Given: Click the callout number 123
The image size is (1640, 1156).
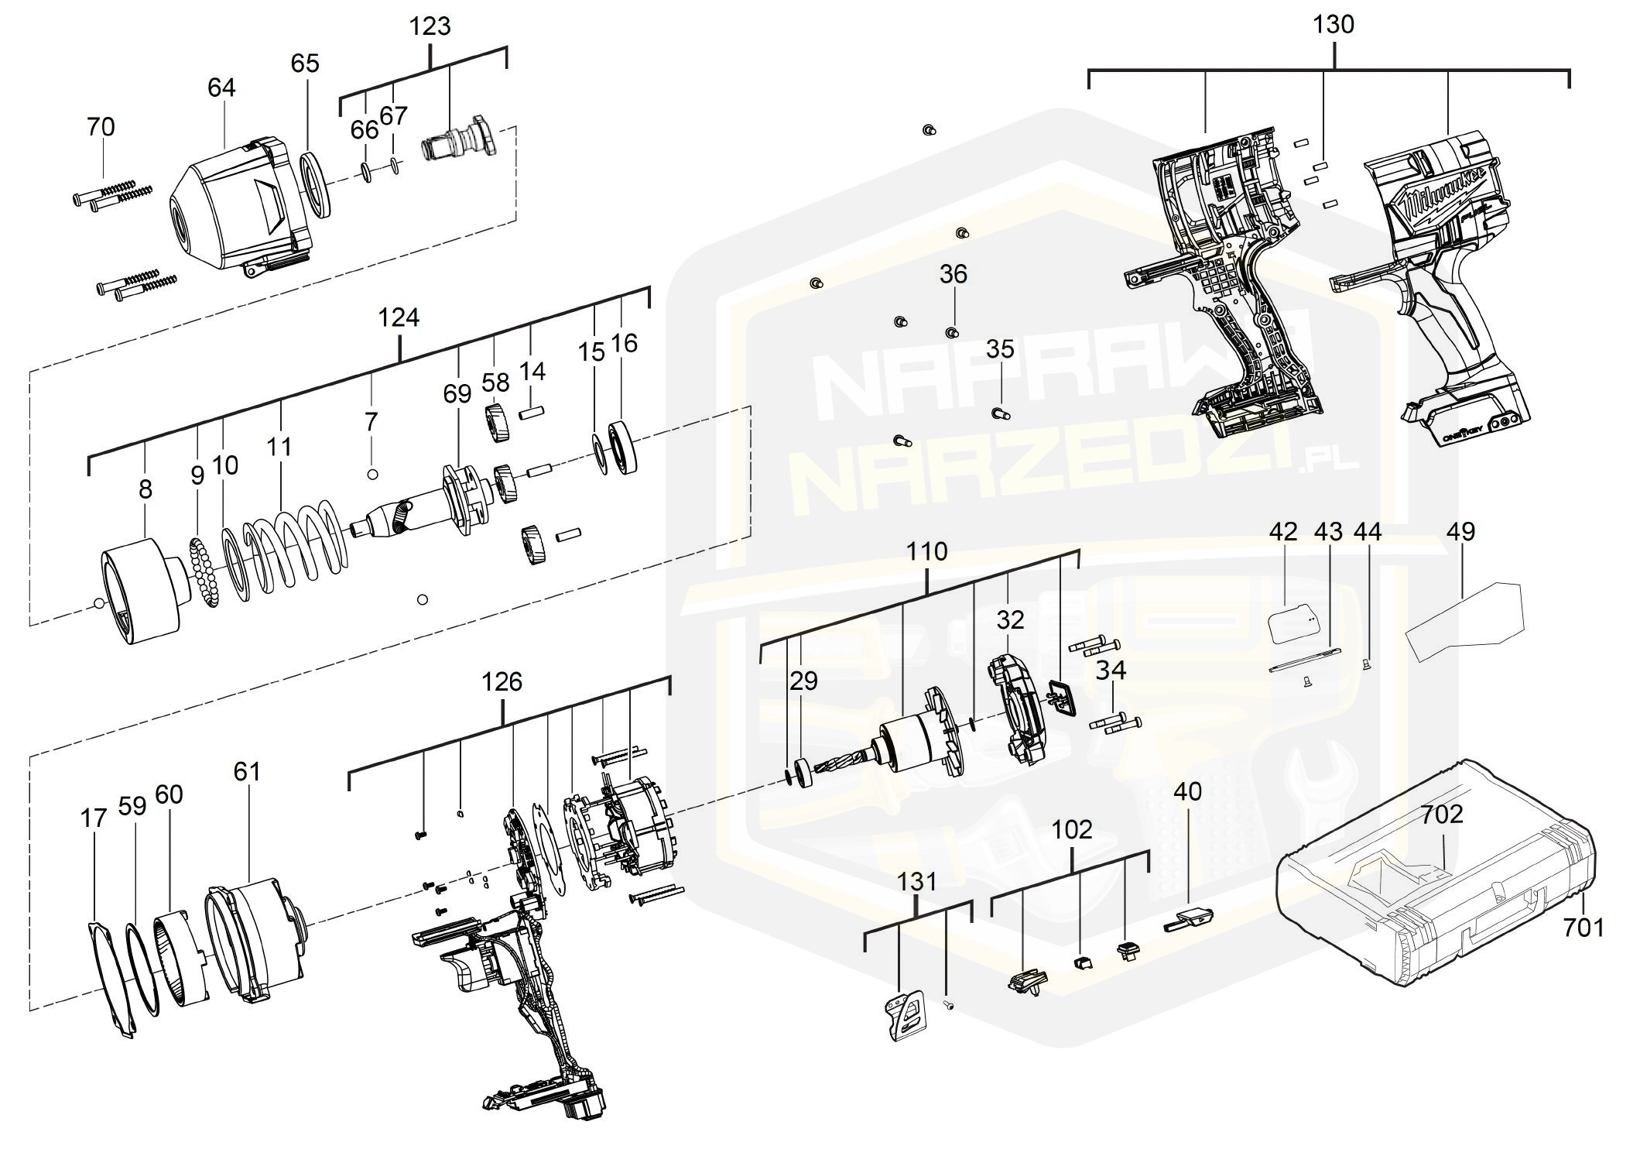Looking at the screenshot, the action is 430,26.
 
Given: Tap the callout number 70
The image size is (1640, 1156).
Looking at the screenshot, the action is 101,126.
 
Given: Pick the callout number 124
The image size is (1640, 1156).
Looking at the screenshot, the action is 399,317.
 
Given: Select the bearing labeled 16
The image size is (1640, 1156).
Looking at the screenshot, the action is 625,444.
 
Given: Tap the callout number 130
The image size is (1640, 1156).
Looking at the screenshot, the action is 1334,24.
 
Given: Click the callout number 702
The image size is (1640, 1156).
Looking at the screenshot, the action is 1442,814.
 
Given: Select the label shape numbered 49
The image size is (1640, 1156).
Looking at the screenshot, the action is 1464,619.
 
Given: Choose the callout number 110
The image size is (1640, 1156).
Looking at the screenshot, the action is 926,551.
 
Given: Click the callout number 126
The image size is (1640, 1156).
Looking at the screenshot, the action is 502,681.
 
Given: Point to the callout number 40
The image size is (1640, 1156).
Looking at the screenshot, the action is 1187,791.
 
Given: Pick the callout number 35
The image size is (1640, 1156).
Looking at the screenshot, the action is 999,349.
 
